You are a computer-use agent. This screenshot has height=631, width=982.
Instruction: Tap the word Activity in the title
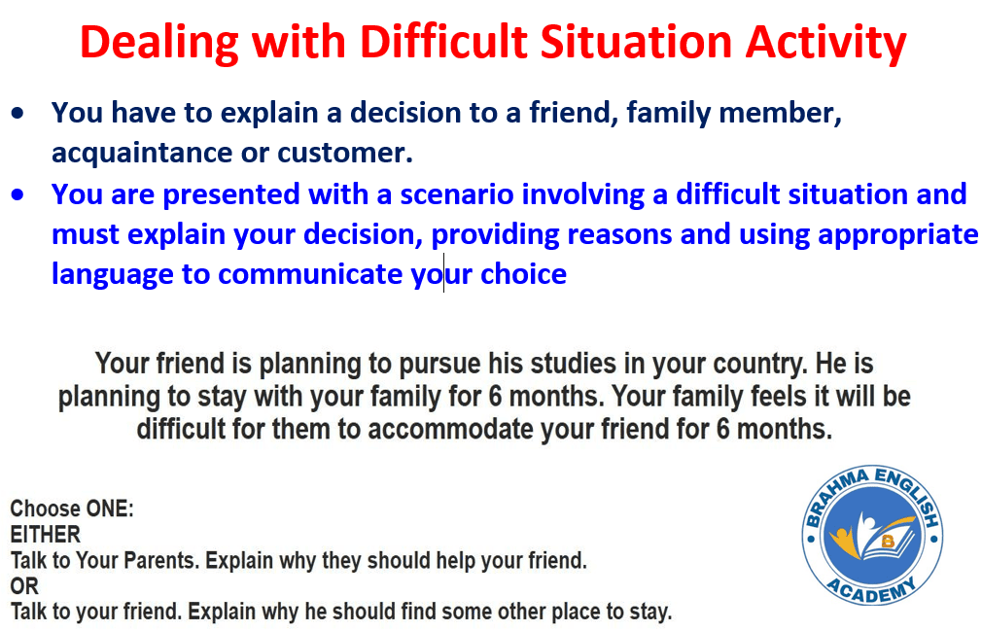[x=826, y=44]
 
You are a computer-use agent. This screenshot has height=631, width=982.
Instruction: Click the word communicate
[x=310, y=274]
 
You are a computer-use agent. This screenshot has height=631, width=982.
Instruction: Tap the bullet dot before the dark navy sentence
[x=18, y=114]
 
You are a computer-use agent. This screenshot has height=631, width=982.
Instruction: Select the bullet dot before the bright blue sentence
[x=18, y=194]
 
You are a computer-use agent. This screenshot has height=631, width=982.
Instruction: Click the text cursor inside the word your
[x=444, y=273]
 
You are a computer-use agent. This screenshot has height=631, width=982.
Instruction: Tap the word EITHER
[x=45, y=535]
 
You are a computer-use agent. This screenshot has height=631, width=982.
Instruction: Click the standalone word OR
[x=24, y=586]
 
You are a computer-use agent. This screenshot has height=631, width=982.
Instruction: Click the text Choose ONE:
[x=72, y=508]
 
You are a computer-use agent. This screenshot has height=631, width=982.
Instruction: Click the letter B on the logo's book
[x=888, y=542]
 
